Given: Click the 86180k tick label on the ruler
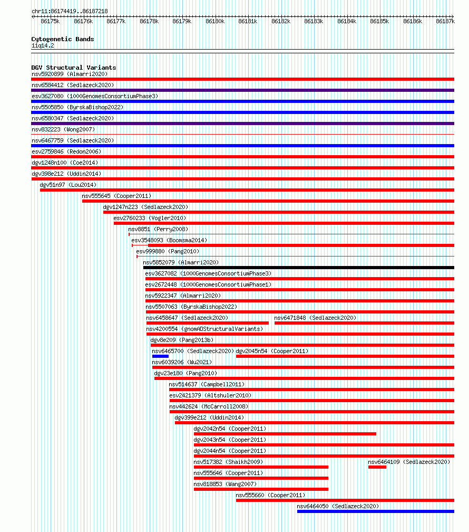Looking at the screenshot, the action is (x=215, y=21).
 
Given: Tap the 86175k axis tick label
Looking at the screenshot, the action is (x=50, y=21).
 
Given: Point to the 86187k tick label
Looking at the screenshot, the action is (x=445, y=21).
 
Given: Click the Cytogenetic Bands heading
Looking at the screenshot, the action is (x=63, y=39).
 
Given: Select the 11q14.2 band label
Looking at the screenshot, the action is (x=43, y=45).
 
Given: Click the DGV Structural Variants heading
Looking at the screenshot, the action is (x=74, y=68).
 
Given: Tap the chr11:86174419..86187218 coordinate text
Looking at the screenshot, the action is (x=70, y=11).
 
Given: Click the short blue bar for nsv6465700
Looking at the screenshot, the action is (x=160, y=356).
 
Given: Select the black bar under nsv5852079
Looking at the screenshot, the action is (x=299, y=268).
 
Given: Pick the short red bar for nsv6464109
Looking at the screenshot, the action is (x=377, y=467).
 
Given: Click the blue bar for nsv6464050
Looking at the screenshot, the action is (x=376, y=511).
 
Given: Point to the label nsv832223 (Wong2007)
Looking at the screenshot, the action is (x=63, y=129).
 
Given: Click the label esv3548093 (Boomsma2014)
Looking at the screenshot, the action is (x=169, y=240).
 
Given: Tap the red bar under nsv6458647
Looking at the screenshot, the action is (x=208, y=323).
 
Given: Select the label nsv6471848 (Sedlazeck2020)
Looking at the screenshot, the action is (x=315, y=318).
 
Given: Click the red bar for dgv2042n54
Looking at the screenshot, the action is (x=285, y=434).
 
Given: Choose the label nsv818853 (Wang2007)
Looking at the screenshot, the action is (x=225, y=484).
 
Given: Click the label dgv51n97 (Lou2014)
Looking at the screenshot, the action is (x=68, y=185).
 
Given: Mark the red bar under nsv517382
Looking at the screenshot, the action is (x=261, y=467).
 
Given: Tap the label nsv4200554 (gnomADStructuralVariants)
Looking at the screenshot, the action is (x=204, y=329).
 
